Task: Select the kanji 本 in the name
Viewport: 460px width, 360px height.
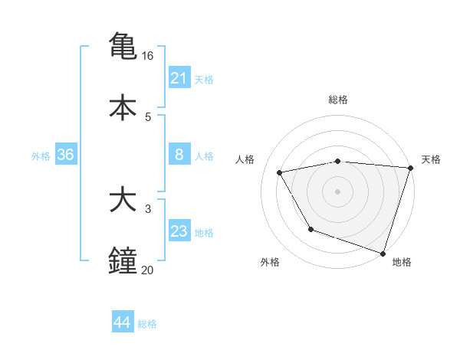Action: (x=123, y=106)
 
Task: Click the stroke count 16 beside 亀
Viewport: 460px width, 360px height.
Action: (x=148, y=56)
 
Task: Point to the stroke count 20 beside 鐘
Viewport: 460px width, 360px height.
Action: (x=148, y=270)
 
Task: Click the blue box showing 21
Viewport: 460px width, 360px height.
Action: (x=179, y=78)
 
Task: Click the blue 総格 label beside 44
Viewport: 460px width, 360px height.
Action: (x=147, y=324)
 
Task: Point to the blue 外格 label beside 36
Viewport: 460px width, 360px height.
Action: (x=41, y=156)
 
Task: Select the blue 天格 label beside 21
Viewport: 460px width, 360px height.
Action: (x=204, y=79)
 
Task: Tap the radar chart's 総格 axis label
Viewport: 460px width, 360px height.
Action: (x=338, y=100)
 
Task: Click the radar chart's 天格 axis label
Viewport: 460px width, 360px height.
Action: (x=431, y=159)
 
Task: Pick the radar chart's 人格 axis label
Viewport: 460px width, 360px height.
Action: (x=245, y=159)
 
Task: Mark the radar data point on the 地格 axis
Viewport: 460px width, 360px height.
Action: (x=383, y=253)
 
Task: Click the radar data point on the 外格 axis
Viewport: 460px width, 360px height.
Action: (x=310, y=229)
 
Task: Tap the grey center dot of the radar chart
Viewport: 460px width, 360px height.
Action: (x=337, y=191)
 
